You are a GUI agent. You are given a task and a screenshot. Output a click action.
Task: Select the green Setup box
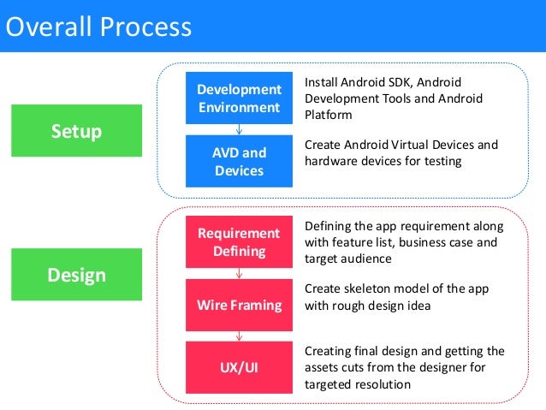click(x=76, y=131)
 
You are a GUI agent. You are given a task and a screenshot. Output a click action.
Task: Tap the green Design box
click(x=76, y=275)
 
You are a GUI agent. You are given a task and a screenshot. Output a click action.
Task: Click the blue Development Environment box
click(x=239, y=98)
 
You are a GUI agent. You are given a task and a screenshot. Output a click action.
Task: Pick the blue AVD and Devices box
click(x=239, y=161)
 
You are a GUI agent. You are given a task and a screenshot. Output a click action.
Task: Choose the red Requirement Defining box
click(x=239, y=242)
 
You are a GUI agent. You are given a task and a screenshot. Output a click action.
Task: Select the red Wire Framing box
click(x=239, y=304)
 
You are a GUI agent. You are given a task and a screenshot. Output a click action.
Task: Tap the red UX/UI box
click(x=239, y=366)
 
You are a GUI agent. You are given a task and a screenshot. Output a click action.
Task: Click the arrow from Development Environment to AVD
click(x=239, y=129)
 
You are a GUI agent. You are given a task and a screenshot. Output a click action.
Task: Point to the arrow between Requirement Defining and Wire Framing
click(x=239, y=273)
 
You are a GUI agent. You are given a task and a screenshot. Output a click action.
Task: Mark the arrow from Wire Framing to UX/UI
click(x=239, y=336)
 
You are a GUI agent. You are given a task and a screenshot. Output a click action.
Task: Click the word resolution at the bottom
click(x=380, y=383)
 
